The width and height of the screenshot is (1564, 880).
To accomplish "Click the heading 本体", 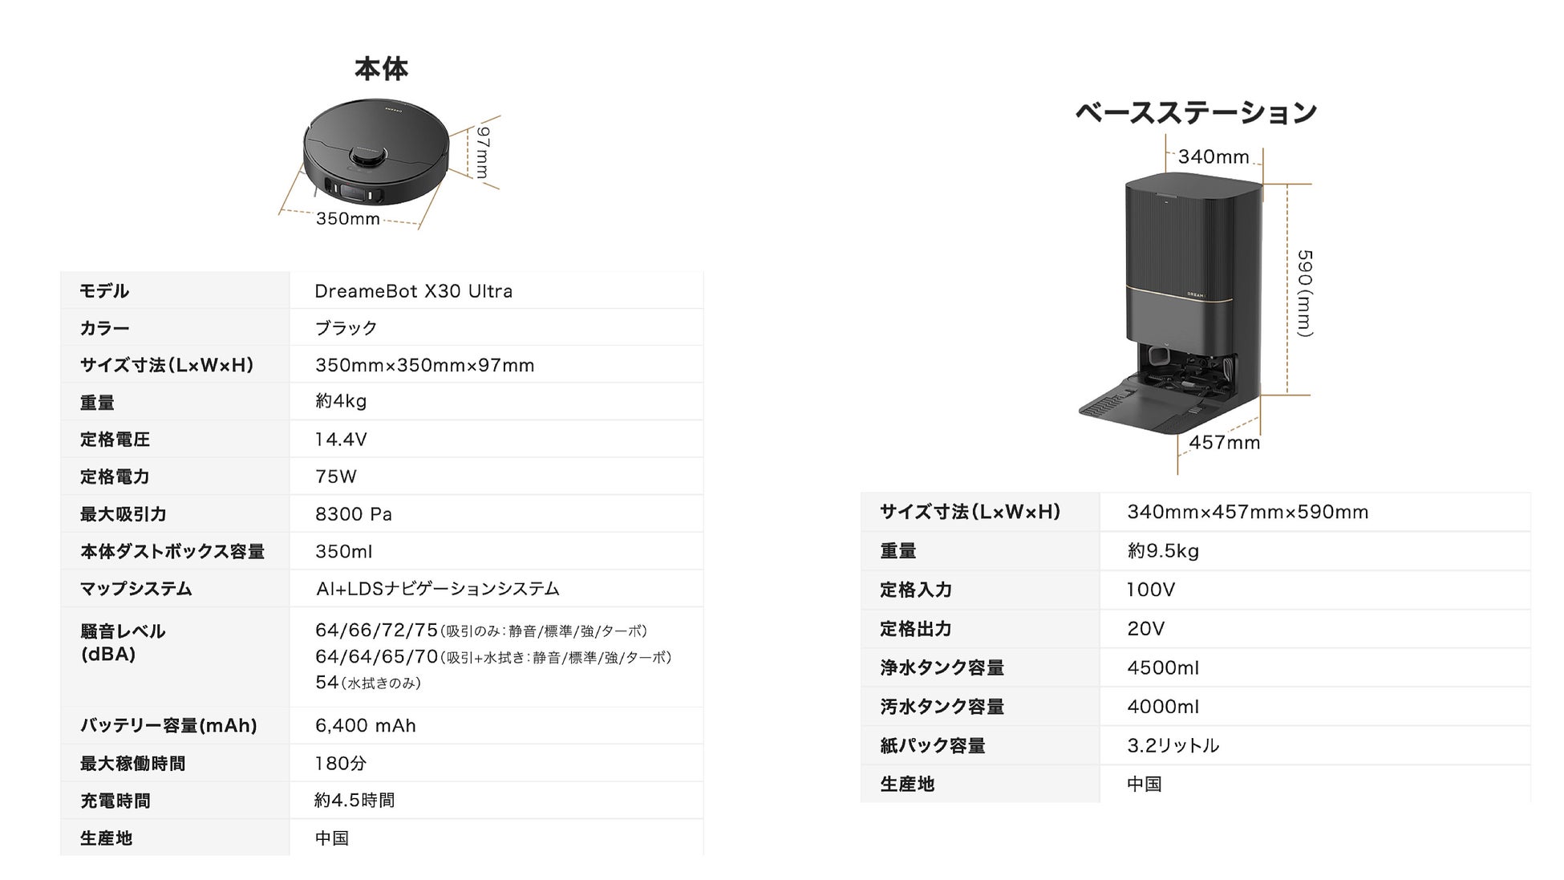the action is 381,69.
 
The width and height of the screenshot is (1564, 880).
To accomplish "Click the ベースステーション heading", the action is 1195,113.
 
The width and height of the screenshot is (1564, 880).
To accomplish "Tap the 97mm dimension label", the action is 482,152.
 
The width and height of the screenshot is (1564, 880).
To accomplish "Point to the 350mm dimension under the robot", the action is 347,219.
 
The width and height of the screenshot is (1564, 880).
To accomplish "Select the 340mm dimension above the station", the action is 1213,157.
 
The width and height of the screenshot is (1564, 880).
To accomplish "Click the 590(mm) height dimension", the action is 1304,293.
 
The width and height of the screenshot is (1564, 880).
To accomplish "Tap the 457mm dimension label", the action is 1224,443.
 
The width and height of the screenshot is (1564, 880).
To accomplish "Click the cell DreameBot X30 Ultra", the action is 413,291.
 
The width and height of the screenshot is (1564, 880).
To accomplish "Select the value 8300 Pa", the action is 353,514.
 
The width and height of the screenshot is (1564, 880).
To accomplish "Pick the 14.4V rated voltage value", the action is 341,440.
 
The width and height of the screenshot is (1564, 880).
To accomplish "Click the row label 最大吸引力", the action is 123,514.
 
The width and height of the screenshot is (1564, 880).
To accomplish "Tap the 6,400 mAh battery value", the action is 365,726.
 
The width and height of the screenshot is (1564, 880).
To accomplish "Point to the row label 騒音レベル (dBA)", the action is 122,643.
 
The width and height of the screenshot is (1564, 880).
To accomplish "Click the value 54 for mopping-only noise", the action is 326,683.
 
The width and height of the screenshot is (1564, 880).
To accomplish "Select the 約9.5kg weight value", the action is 1162,551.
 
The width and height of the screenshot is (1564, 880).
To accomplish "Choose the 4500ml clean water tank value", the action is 1162,668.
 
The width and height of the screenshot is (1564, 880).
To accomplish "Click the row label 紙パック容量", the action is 932,746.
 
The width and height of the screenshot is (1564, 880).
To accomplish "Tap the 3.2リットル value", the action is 1173,746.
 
